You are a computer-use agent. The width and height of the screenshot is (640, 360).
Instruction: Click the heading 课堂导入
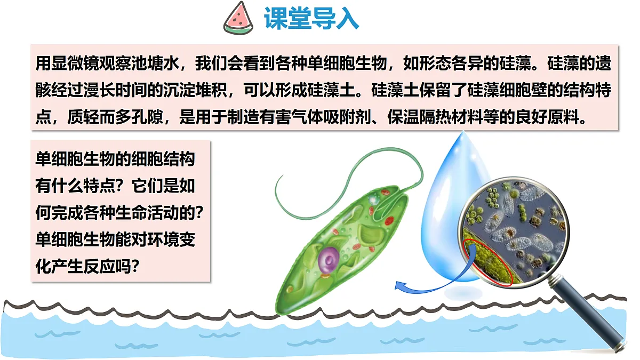tap(311, 18)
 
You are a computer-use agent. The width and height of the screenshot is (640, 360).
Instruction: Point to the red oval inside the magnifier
tap(488, 261)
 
